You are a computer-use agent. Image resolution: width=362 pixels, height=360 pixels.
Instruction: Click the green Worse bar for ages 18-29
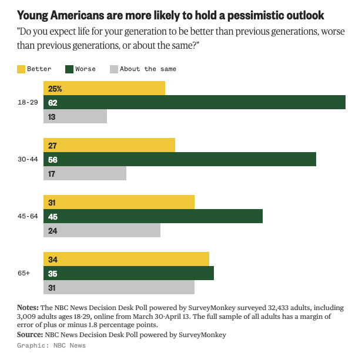pos(194,102)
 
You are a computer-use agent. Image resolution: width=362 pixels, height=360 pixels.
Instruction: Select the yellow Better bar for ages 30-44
pos(109,145)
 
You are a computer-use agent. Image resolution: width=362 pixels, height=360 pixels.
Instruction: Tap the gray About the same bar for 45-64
pos(102,230)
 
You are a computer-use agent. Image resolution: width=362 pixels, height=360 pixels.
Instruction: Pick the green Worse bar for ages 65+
pos(129,273)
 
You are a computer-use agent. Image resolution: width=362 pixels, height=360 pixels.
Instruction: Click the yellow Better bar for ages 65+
pos(126,259)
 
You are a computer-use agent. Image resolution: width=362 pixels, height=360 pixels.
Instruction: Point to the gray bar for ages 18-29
pos(75,116)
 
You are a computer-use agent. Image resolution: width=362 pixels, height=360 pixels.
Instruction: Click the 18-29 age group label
pos(28,102)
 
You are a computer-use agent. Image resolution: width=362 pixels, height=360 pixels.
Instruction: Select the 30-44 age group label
pos(28,159)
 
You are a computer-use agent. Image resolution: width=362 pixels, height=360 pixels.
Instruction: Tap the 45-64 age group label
pos(28,216)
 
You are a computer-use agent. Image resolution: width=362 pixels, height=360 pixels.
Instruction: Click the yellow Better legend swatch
pos(22,69)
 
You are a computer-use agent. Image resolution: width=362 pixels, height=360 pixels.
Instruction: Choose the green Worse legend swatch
pos(69,69)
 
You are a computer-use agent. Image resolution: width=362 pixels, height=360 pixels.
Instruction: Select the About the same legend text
pos(148,69)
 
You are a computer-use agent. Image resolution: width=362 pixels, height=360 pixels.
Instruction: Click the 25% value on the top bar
pos(55,89)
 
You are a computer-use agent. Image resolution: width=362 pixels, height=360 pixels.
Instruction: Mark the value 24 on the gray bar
pos(52,231)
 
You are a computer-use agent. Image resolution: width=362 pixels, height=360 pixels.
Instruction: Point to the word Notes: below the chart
pos(28,308)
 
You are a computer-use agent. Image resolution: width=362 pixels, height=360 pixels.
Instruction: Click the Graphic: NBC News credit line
pos(51,345)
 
